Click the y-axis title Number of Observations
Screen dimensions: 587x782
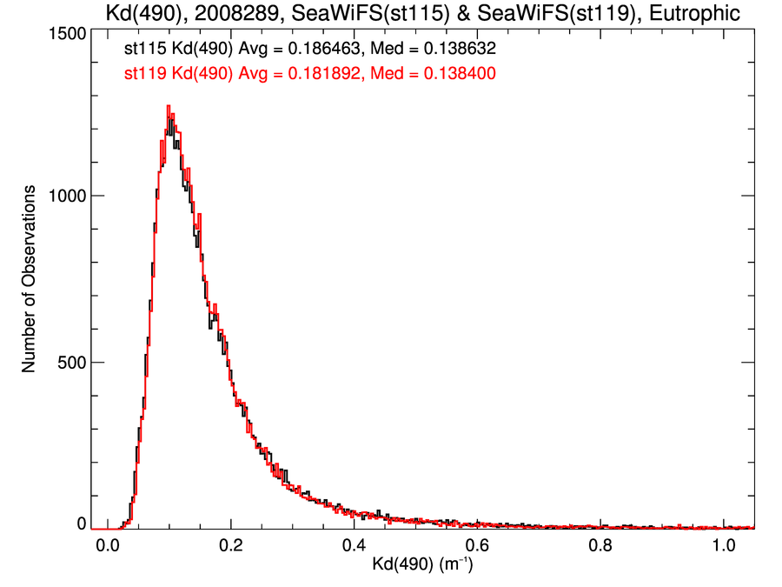tap(30, 279)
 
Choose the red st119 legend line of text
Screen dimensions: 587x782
tap(310, 74)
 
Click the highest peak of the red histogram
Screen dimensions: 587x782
tap(169, 106)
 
